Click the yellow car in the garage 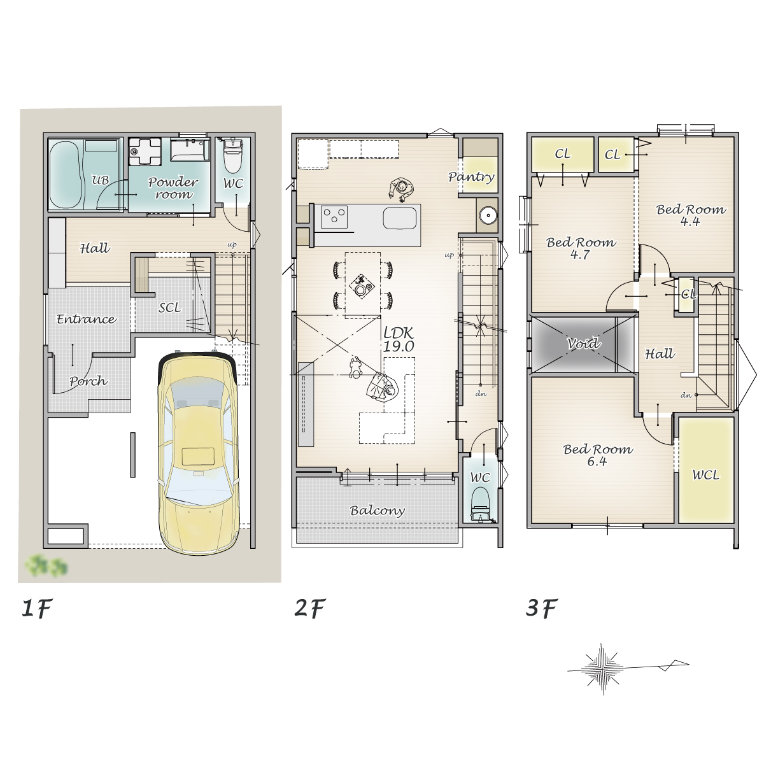pyautogui.click(x=199, y=453)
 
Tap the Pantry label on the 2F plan pyautogui.click(x=471, y=177)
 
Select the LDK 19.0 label pyautogui.click(x=399, y=339)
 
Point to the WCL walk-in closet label pyautogui.click(x=705, y=474)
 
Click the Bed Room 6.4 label pyautogui.click(x=598, y=455)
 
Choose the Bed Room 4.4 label pyautogui.click(x=691, y=215)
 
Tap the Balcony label pyautogui.click(x=377, y=511)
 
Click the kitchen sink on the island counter pyautogui.click(x=400, y=218)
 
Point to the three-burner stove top pyautogui.click(x=334, y=217)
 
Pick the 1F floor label pyautogui.click(x=37, y=608)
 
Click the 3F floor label pyautogui.click(x=542, y=608)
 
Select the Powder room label pyautogui.click(x=173, y=188)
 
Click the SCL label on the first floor pyautogui.click(x=170, y=308)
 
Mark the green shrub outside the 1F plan pyautogui.click(x=46, y=565)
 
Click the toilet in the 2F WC pyautogui.click(x=480, y=504)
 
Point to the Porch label pyautogui.click(x=88, y=381)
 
